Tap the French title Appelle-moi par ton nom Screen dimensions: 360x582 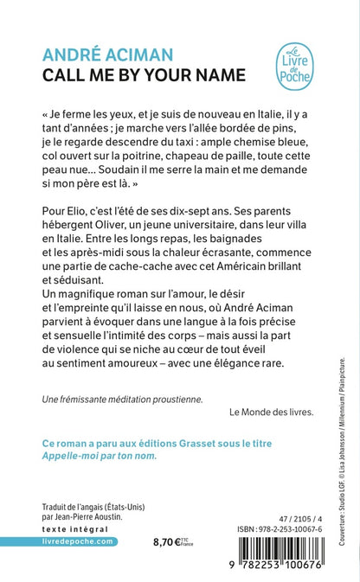pyautogui.click(x=100, y=456)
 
